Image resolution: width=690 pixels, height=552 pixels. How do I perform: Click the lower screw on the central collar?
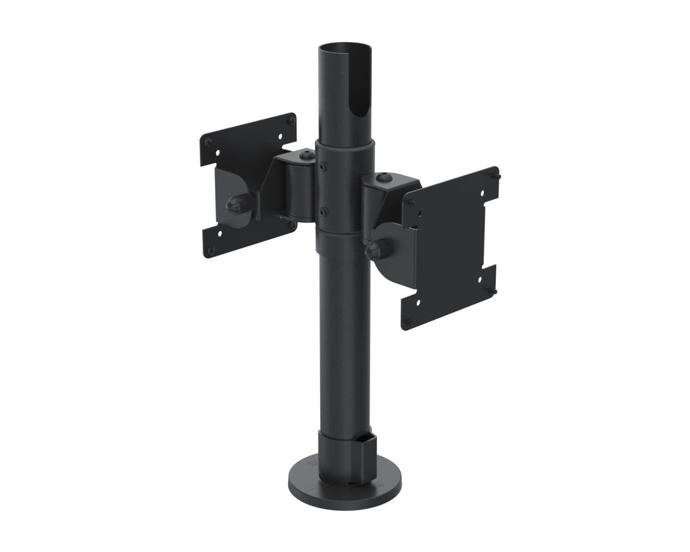322,211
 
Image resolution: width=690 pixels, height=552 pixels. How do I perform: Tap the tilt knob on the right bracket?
372,250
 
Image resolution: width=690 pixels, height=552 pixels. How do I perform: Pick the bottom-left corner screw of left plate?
209,250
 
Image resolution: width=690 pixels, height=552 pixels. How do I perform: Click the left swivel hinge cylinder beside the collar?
299,189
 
